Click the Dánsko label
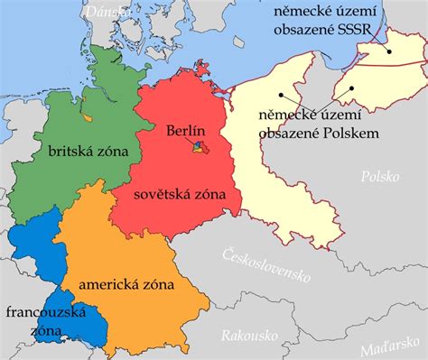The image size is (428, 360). [x=107, y=9]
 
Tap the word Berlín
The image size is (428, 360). [x=187, y=132]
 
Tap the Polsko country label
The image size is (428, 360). [x=379, y=177]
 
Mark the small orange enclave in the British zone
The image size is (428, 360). [x=86, y=116]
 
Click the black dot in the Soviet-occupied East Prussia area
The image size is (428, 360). [x=390, y=51]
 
